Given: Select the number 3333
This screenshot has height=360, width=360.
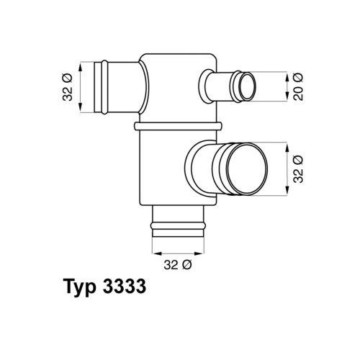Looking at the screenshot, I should tap(125, 287).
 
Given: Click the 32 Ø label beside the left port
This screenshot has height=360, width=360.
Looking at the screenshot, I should tap(68, 87).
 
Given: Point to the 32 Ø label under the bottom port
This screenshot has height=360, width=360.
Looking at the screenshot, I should tap(176, 264).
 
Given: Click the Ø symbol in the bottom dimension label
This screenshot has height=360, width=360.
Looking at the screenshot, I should tap(186, 264).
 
